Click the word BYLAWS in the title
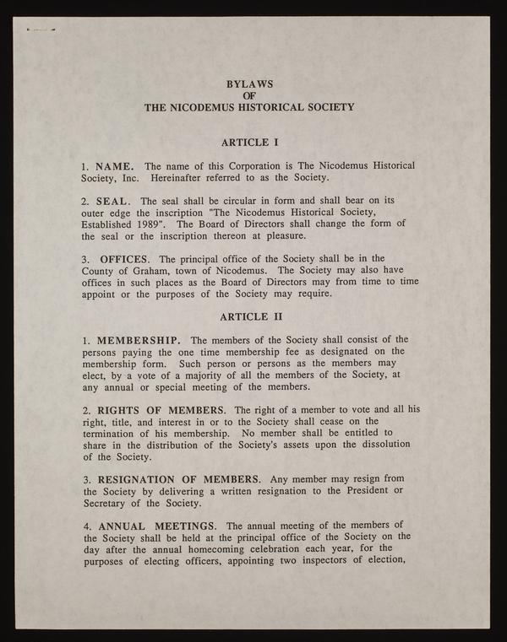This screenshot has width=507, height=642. pos(249,84)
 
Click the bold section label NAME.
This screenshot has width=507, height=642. pos(116,165)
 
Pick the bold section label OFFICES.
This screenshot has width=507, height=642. pos(127,258)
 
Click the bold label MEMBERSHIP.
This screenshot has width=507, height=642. pos(138,340)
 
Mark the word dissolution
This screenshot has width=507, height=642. pos(379,444)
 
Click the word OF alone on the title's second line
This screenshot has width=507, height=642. pos(249,96)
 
